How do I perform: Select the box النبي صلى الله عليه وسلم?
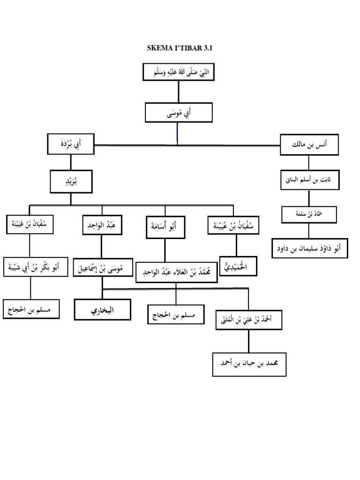click(x=178, y=72)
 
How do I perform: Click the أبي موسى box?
click(x=179, y=112)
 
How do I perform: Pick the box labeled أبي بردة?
click(x=71, y=143)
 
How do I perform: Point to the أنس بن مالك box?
click(x=309, y=144)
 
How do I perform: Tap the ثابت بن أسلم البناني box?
click(x=309, y=180)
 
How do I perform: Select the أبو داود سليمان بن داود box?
click(x=310, y=248)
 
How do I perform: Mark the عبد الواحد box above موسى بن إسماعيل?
click(x=102, y=225)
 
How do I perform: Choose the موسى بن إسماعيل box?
click(x=103, y=269)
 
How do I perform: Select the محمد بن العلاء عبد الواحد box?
click(x=176, y=272)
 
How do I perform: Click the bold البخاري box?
click(x=103, y=309)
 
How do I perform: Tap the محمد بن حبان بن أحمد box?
click(x=249, y=364)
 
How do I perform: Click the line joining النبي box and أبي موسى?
click(x=178, y=92)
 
